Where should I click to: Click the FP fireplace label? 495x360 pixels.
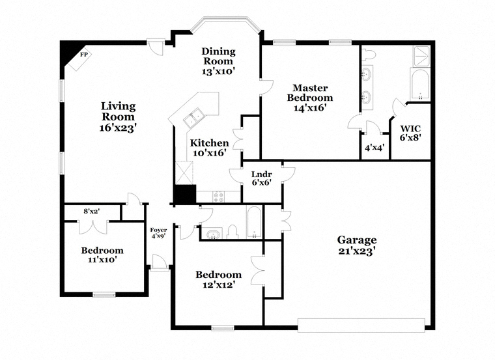(83, 55)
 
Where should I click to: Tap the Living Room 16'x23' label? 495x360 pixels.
(118, 117)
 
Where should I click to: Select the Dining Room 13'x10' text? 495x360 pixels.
(218, 61)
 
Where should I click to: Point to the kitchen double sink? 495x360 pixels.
(194, 117)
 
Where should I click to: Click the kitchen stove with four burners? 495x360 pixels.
(218, 197)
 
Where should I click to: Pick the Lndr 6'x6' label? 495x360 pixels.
(262, 178)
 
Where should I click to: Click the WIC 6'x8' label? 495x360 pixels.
(411, 133)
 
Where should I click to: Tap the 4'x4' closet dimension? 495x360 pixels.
(375, 147)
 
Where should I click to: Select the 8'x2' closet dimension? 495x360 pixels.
(92, 211)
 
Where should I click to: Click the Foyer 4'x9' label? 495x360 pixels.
(158, 232)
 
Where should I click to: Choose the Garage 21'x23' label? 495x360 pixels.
(357, 245)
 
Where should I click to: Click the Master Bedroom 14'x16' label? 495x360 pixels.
(309, 98)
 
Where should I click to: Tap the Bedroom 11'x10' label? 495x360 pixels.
(102, 255)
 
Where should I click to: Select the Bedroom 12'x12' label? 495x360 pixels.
(218, 279)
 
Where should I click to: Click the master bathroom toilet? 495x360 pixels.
(368, 55)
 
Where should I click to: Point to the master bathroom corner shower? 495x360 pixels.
(421, 56)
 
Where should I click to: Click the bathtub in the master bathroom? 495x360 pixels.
(419, 84)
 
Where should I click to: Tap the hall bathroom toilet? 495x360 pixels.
(233, 231)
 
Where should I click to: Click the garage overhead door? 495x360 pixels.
(361, 325)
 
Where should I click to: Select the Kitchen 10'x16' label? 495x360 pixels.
(209, 148)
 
